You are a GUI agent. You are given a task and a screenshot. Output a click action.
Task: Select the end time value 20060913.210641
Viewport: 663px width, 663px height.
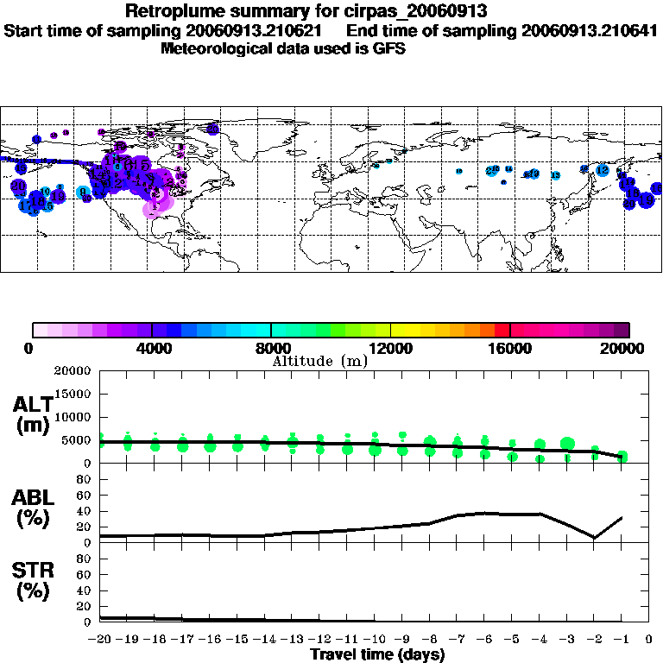tap(590, 30)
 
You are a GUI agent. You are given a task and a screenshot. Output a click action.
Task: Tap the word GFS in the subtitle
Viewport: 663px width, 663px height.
tap(389, 48)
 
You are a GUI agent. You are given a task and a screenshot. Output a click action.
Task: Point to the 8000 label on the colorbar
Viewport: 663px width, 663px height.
tap(271, 348)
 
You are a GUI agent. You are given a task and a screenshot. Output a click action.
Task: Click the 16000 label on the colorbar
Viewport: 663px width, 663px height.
tap(510, 348)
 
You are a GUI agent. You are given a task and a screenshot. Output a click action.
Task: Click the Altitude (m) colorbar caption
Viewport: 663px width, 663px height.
tap(320, 361)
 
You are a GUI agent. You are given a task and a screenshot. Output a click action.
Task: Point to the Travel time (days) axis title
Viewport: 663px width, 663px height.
tap(377, 654)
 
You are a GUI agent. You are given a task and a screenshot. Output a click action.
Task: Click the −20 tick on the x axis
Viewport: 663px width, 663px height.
tap(100, 640)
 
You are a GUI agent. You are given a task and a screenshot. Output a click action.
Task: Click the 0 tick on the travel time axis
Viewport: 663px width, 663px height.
tap(648, 640)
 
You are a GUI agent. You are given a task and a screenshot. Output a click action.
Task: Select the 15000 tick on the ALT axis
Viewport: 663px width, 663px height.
tap(74, 395)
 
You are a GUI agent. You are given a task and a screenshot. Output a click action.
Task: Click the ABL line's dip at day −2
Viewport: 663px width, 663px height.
tap(595, 537)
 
